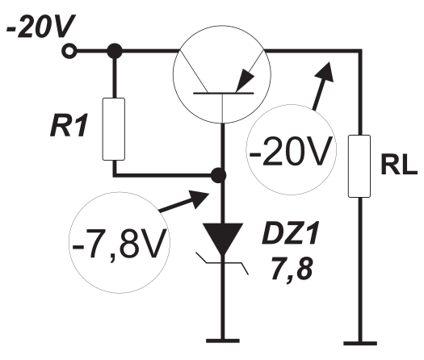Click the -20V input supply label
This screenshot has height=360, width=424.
tap(40, 27)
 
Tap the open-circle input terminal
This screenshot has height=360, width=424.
tap(69, 51)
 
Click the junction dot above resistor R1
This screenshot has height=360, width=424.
tap(115, 51)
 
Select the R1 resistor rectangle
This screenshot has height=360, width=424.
tap(114, 129)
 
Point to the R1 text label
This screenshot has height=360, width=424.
tap(69, 126)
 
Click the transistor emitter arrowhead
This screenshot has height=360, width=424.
tap(245, 80)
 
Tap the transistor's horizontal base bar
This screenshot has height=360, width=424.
tap(224, 94)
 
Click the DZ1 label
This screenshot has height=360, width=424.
tap(290, 233)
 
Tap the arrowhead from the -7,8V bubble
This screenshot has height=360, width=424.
tap(199, 199)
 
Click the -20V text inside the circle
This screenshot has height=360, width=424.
tap(291, 152)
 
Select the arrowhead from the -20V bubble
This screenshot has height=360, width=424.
tap(325, 72)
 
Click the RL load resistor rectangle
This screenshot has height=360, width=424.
tap(359, 166)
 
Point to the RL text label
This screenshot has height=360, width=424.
tap(399, 165)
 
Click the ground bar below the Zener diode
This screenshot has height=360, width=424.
tap(223, 341)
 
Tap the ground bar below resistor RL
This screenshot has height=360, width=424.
tap(360, 344)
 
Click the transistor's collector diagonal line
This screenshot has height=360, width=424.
tap(193, 71)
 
